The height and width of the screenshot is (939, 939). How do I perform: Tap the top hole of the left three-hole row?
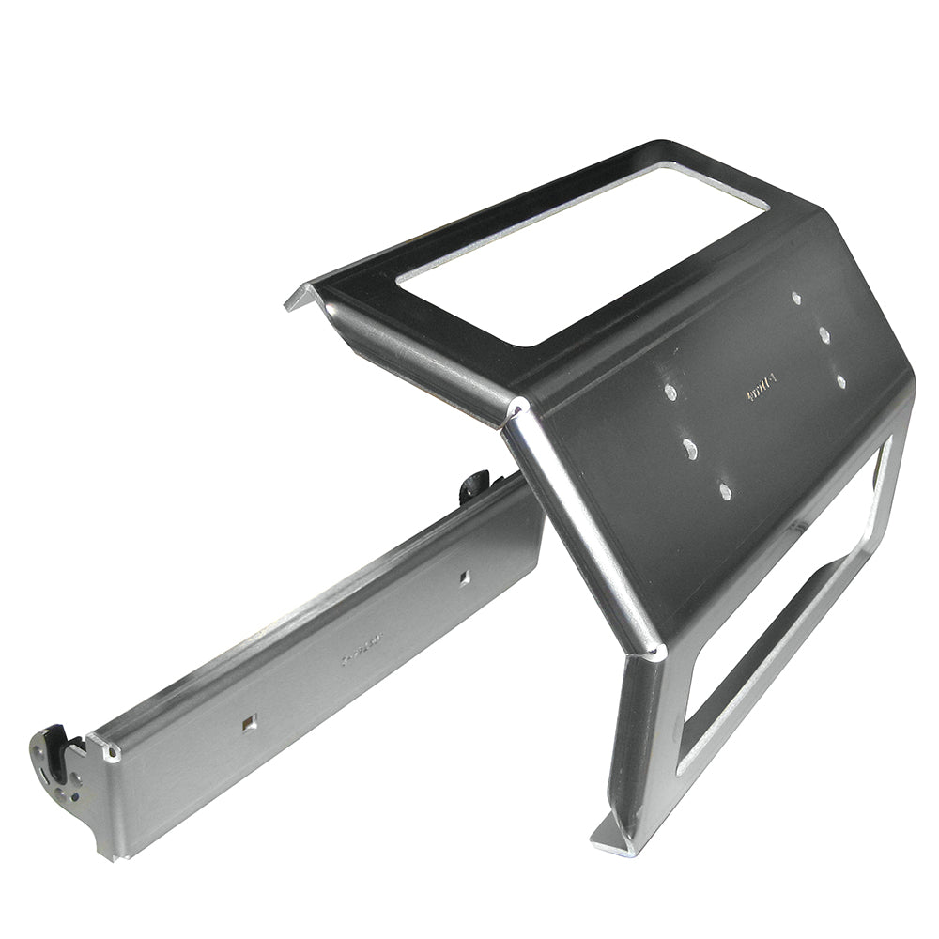pos(670,391)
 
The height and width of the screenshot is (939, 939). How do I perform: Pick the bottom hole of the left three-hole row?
pos(724,489)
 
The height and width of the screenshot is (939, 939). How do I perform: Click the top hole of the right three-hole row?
pos(796,299)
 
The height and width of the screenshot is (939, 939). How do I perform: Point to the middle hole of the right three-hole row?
pos(823,334)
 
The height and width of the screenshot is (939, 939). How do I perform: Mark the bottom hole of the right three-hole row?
pos(840,381)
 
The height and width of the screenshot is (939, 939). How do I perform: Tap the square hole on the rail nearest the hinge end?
pos(249,722)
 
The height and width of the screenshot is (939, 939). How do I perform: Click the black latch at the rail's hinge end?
pos(66,751)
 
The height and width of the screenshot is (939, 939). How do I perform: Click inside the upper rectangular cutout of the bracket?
pos(582,254)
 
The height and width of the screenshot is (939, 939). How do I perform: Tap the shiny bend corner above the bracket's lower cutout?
pos(654,648)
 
